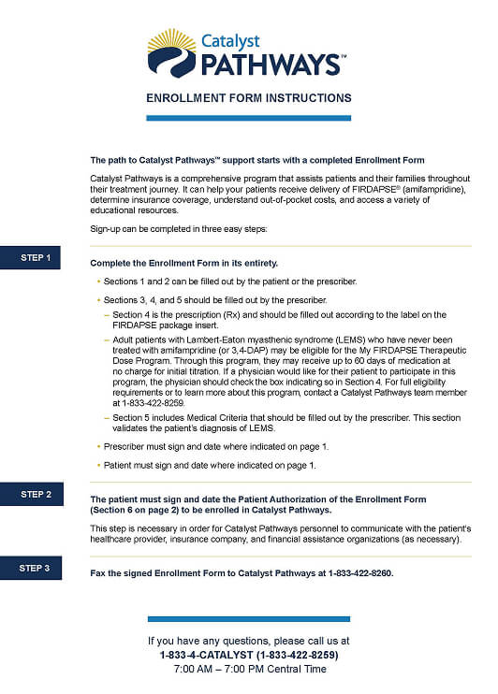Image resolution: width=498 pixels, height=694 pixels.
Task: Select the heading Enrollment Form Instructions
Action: [x=249, y=98]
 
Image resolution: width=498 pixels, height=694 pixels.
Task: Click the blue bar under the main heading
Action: [x=249, y=118]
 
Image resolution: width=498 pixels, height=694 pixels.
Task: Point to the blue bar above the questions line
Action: [x=249, y=618]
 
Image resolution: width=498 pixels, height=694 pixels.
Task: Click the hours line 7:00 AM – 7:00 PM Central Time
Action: [x=249, y=670]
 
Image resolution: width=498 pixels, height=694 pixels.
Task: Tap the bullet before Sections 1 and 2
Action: [x=98, y=282]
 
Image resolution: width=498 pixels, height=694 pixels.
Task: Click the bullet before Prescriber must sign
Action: [x=98, y=446]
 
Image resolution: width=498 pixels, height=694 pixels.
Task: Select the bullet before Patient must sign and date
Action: [x=98, y=465]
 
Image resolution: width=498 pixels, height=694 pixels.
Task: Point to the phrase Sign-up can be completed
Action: [x=140, y=229]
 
